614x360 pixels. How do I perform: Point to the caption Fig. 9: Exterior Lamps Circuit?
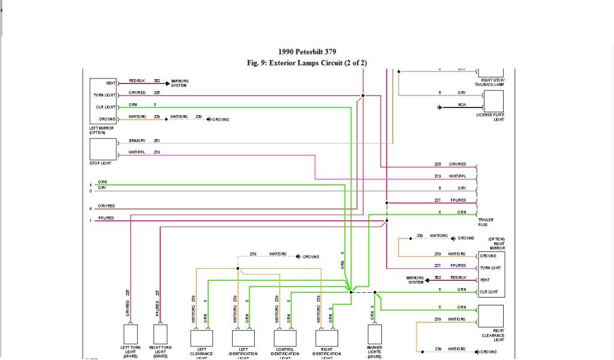(306, 62)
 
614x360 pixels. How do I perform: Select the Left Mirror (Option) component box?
(103, 101)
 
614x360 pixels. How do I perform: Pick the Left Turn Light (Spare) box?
(130, 334)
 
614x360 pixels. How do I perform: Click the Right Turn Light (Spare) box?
(160, 334)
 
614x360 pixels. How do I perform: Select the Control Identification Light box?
(285, 338)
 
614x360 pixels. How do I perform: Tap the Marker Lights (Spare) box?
(375, 334)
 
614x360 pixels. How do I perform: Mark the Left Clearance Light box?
(201, 338)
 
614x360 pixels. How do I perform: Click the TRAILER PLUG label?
(487, 222)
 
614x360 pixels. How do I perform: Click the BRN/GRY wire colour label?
(137, 140)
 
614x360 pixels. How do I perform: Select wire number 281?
(156, 140)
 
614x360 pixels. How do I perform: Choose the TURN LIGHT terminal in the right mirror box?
(490, 268)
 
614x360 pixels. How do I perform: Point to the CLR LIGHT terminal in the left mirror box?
(106, 107)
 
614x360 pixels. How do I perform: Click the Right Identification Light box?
(327, 338)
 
